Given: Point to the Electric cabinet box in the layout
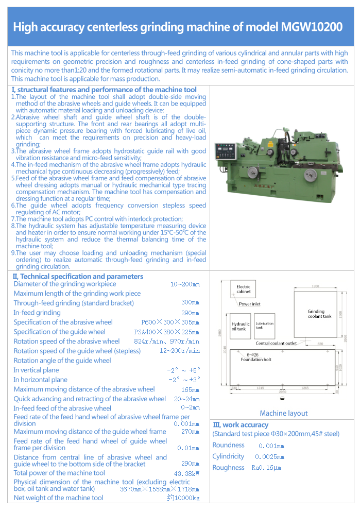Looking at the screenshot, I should tap(243, 289).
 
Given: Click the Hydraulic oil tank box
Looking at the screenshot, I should tap(240, 326).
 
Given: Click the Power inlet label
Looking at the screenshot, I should tap(250, 304).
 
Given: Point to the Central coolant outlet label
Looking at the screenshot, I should tap(276, 343).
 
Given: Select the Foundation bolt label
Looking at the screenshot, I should tap(256, 360).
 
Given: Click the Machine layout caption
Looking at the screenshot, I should tap(283, 413).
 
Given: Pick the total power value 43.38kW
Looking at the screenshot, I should tap(186, 473).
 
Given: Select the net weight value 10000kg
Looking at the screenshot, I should tap(183, 498).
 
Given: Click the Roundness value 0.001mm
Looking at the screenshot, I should tap(271, 446).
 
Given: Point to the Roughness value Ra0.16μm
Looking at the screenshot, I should tap(266, 468).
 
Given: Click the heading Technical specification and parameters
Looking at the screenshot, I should tap(77, 277).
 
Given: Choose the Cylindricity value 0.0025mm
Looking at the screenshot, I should tap(269, 457).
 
